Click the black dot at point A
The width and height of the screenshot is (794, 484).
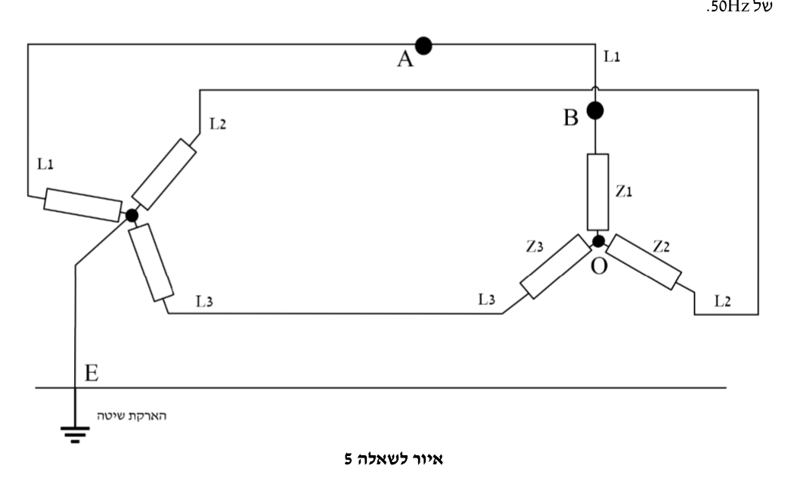tap(423, 45)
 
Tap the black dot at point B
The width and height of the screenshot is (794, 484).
tap(595, 110)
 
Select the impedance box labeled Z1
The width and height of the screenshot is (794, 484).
tap(598, 192)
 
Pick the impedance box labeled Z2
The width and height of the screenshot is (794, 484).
tap(644, 262)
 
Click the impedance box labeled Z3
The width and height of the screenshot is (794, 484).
tap(556, 266)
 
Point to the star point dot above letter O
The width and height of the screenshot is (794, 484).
tap(599, 241)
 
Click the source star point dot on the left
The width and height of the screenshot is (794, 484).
tap(132, 216)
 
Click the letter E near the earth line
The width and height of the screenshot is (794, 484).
tap(91, 373)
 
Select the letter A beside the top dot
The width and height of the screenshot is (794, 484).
tap(405, 59)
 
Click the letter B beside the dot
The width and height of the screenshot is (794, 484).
tap(571, 117)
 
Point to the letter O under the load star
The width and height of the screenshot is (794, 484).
tap(599, 265)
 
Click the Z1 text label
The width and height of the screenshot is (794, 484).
tap(624, 191)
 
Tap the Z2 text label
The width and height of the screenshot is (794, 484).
tap(662, 247)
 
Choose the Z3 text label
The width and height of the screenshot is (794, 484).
tap(535, 247)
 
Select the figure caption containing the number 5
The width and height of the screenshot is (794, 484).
tap(393, 459)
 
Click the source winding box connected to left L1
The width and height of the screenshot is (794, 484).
tap(83, 205)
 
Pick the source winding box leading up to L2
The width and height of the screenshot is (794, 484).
tap(164, 174)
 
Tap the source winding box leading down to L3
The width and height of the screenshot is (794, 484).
tap(151, 262)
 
